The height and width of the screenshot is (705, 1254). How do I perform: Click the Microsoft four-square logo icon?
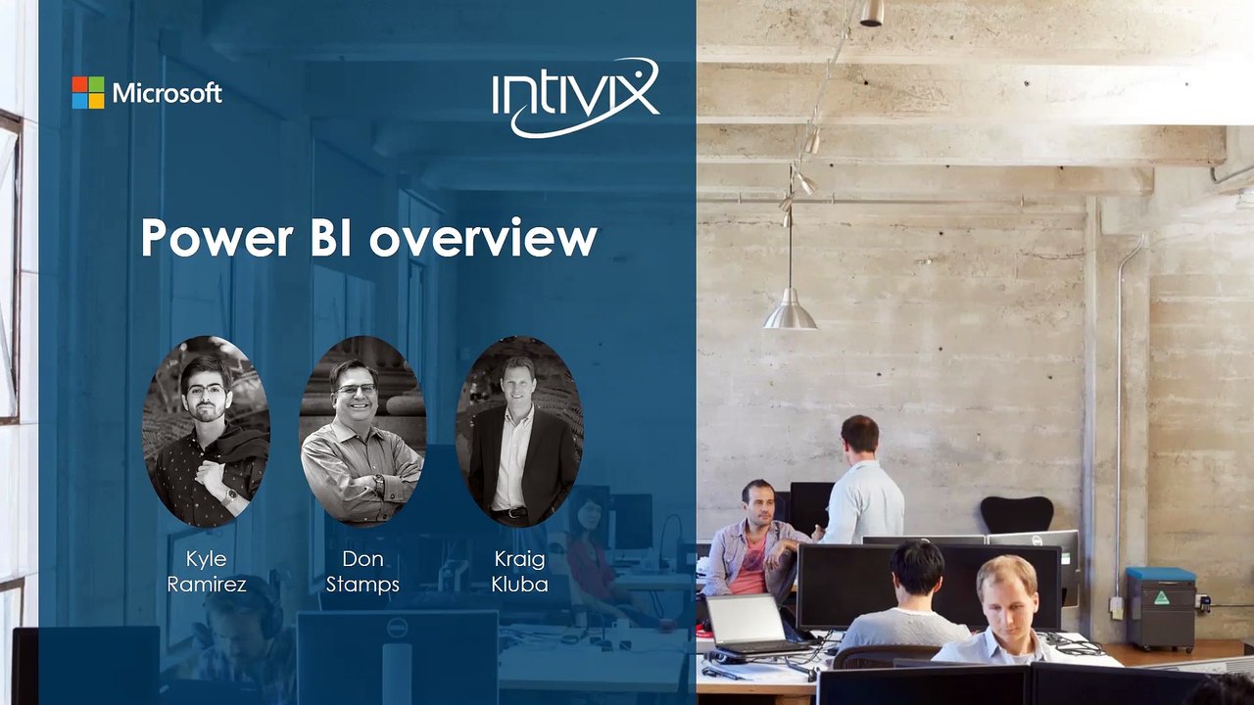click(x=88, y=93)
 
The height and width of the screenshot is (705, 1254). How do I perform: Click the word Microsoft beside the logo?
click(x=168, y=94)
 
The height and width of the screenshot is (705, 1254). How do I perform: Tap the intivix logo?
click(x=575, y=97)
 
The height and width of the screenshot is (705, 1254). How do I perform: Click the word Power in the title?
click(x=216, y=238)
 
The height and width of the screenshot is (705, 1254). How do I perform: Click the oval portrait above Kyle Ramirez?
click(x=206, y=431)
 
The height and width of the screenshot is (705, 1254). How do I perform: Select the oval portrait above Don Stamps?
click(x=362, y=431)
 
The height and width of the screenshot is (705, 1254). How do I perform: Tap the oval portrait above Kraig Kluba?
click(x=519, y=431)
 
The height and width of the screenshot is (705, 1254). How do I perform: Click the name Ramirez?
click(x=206, y=585)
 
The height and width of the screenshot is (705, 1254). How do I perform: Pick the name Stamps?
click(x=362, y=585)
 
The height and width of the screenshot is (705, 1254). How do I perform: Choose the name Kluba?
click(x=519, y=585)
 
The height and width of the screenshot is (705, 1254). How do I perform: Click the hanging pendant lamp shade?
click(x=790, y=310)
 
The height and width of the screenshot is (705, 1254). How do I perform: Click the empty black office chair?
click(x=1017, y=515)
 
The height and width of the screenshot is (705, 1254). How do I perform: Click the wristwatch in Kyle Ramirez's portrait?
click(x=230, y=495)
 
